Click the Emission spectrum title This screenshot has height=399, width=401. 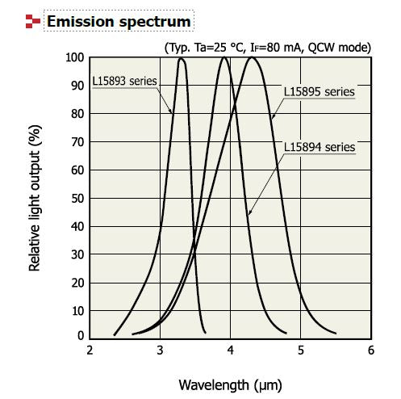(119, 21)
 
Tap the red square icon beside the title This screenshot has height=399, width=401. (32, 21)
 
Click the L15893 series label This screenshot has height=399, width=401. (124, 81)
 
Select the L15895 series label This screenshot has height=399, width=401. (319, 91)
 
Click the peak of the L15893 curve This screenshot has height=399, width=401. (182, 58)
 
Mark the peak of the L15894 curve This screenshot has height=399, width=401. (223, 57)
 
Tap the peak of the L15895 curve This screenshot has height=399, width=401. (253, 57)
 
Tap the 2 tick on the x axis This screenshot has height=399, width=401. (90, 350)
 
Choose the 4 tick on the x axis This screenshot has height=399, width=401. (231, 350)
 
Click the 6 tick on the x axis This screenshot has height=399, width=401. (370, 350)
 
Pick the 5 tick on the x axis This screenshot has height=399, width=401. (301, 350)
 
